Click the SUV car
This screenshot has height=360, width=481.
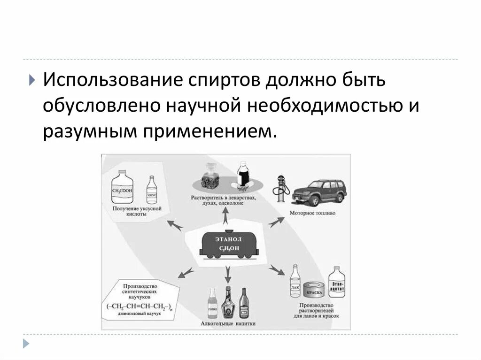317,192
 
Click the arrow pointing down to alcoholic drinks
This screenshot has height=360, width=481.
228,272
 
